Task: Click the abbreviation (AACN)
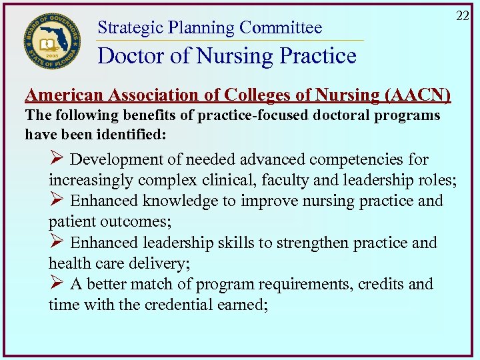tap(419, 95)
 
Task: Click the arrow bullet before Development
tap(57, 159)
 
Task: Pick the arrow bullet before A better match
tap(57, 284)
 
